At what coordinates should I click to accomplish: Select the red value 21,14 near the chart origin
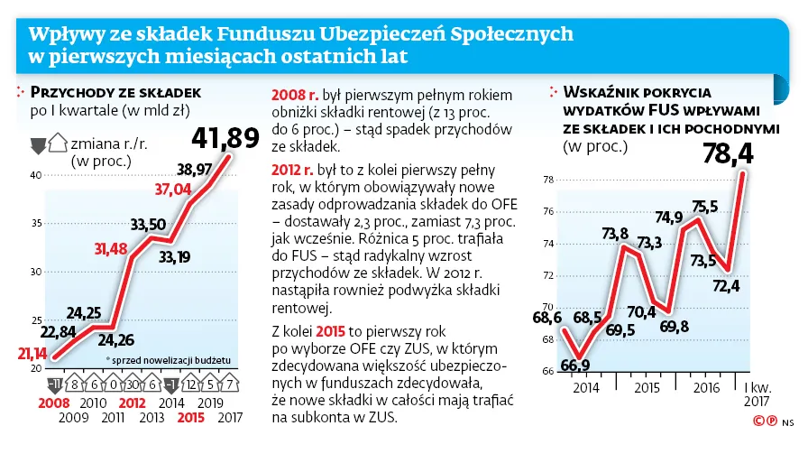[32, 353]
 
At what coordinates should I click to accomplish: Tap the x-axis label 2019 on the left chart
[210, 403]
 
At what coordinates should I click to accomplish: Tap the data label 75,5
[705, 206]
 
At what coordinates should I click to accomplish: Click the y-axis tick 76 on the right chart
[548, 212]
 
